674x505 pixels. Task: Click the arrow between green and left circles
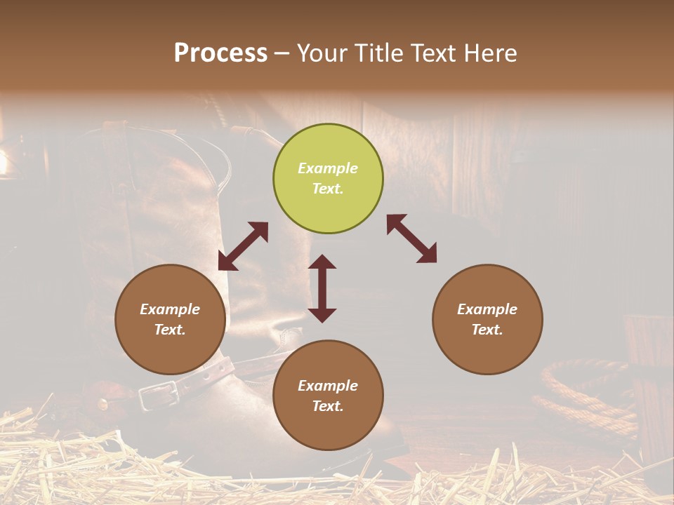[243, 246]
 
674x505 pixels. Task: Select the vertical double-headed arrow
[322, 288]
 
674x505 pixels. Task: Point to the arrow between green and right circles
[412, 238]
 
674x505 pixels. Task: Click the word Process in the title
[220, 53]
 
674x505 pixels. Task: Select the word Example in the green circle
[328, 168]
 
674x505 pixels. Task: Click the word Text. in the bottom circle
[328, 406]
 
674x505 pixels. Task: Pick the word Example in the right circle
[487, 309]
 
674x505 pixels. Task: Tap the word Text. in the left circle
[170, 330]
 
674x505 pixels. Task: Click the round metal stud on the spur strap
[103, 404]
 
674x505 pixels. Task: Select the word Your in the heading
[322, 53]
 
